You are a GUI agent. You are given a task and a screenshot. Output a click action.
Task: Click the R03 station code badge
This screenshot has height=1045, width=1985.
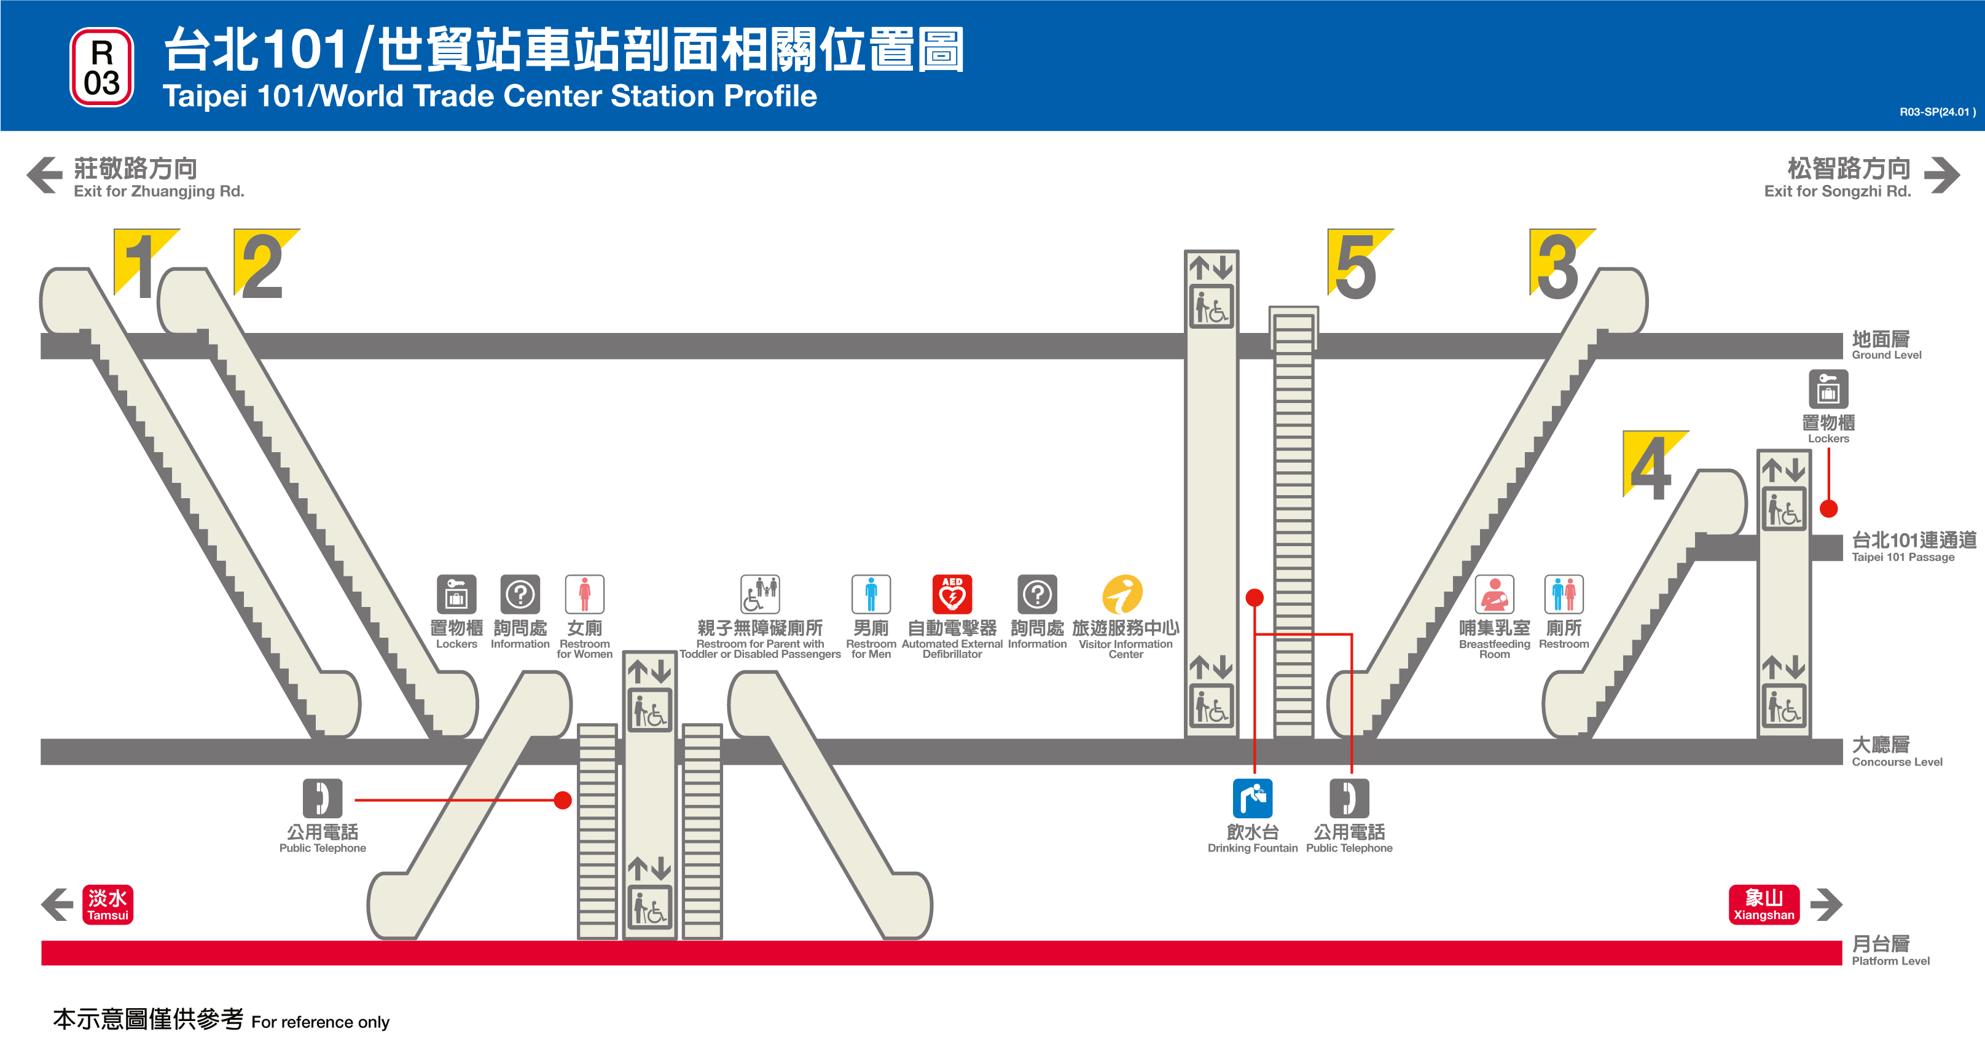pos(102,67)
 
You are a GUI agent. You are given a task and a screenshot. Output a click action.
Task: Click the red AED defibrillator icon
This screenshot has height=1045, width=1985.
pos(952,594)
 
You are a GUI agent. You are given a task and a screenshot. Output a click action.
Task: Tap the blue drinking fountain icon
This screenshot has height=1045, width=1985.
pos(1252,799)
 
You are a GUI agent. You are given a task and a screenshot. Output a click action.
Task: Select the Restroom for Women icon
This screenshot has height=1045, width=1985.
pos(584,594)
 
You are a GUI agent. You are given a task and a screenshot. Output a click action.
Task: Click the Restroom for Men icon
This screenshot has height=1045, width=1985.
pos(871,594)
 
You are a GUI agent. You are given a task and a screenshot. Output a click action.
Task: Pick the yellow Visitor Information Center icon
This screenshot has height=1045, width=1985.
pos(1122,594)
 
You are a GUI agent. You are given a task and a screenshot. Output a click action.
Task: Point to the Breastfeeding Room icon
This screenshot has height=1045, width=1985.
pos(1494,594)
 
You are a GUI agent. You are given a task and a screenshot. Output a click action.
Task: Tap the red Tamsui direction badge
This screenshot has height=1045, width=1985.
pos(108,904)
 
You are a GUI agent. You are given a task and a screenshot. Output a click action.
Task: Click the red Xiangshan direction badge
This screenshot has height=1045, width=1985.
pos(1764,904)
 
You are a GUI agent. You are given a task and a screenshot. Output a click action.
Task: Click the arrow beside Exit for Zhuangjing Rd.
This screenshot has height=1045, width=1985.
pos(45,175)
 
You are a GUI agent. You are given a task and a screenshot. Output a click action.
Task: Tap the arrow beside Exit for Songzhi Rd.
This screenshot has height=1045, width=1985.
pos(1941,175)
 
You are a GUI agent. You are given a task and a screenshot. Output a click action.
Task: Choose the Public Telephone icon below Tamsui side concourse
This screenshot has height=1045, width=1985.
pos(322,799)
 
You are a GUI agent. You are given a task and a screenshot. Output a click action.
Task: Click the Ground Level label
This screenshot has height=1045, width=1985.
pos(1885,345)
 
